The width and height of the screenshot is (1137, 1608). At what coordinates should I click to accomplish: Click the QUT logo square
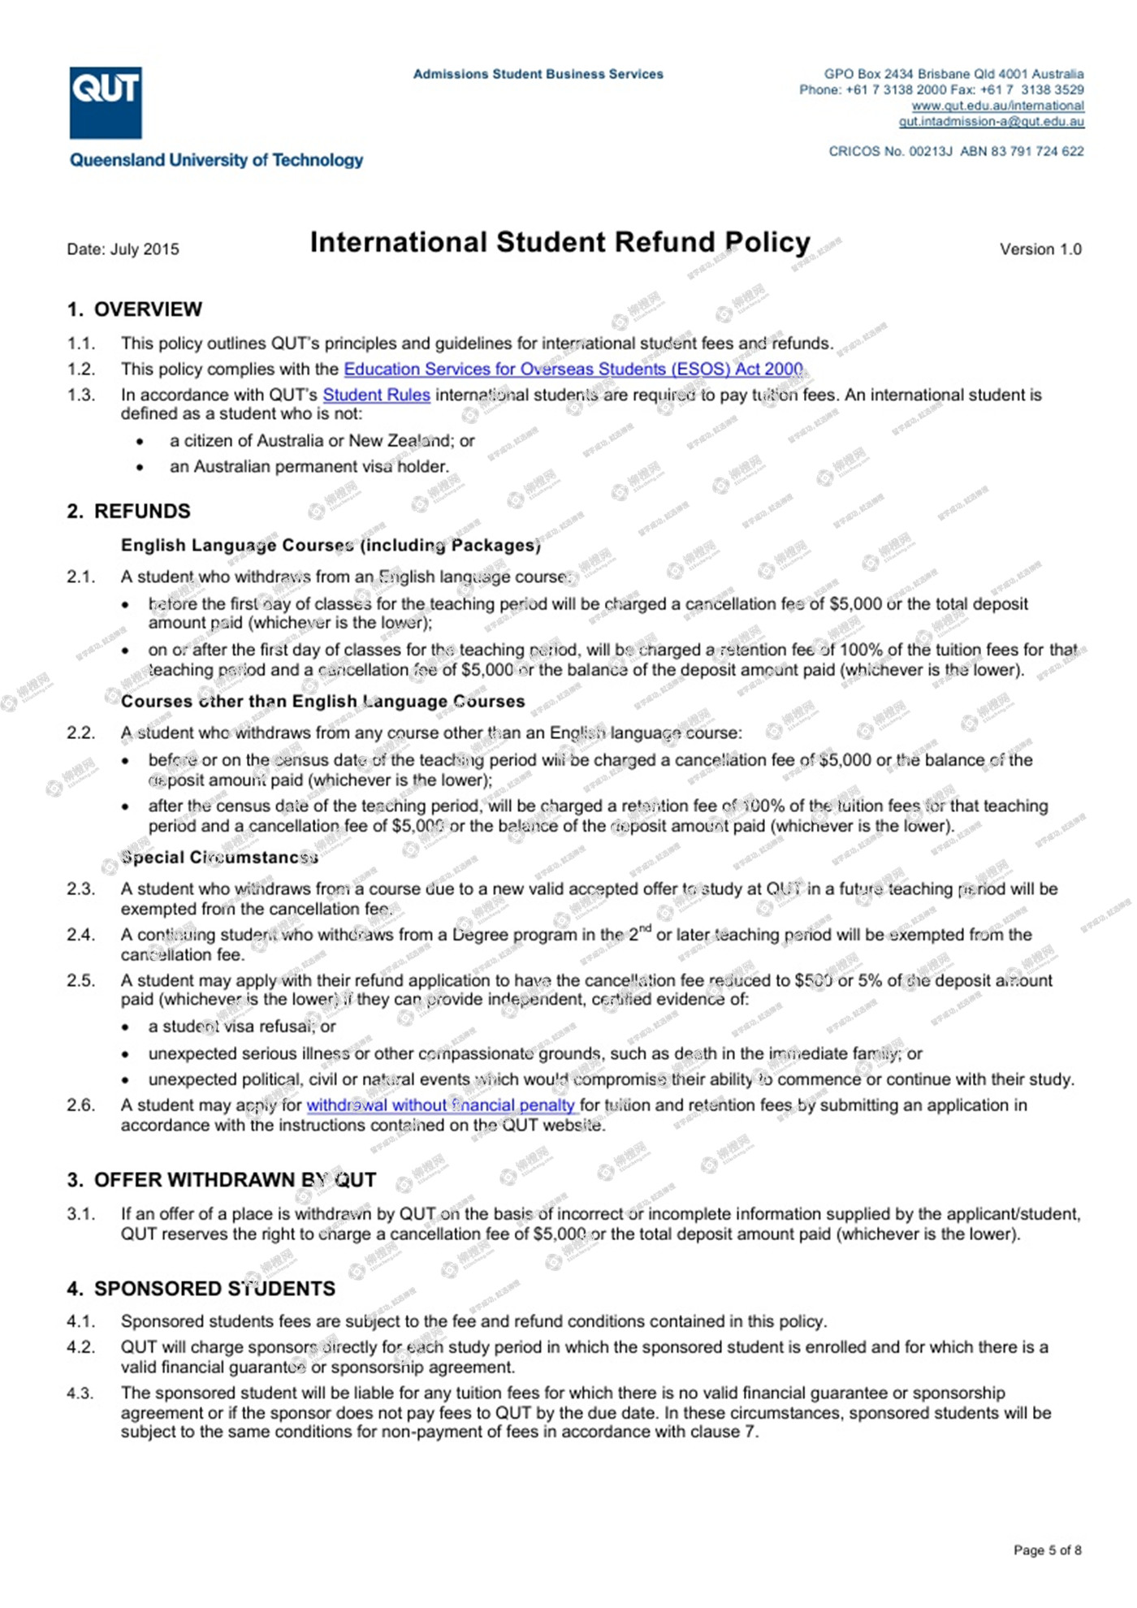coord(106,102)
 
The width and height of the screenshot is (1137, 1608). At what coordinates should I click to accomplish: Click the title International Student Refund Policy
coord(560,242)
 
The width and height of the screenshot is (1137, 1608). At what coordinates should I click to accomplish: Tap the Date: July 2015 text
coord(123,249)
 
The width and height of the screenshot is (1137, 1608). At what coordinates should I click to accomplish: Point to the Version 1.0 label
coord(1040,249)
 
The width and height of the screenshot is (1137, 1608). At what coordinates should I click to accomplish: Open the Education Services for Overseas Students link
coord(573,370)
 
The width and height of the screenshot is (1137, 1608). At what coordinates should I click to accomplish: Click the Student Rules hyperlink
coord(376,396)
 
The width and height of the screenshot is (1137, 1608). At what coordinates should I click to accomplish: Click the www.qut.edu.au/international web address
coord(997,106)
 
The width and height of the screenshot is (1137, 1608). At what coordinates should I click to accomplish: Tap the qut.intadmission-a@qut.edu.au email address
coord(991,122)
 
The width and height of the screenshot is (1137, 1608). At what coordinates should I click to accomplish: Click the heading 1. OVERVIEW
coord(135,309)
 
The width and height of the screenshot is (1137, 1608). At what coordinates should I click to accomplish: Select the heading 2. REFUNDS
coord(129,512)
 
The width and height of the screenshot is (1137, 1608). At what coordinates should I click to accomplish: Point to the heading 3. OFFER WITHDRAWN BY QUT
coord(222,1180)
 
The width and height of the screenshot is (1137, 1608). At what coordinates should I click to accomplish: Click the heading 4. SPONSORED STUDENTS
coord(201,1289)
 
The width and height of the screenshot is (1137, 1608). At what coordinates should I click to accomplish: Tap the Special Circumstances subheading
coord(219,858)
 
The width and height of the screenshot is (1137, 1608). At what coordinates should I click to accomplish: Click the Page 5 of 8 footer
coord(1047,1550)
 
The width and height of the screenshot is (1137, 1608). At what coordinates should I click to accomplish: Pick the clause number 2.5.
coord(80,981)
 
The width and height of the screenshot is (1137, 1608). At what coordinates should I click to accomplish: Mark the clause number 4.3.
coord(80,1394)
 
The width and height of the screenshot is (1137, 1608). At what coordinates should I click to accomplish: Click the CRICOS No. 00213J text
coord(890,152)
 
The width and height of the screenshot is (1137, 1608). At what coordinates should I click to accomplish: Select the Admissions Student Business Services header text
coord(538,75)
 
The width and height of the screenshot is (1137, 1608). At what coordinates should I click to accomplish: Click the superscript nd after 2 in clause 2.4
coord(646,928)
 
